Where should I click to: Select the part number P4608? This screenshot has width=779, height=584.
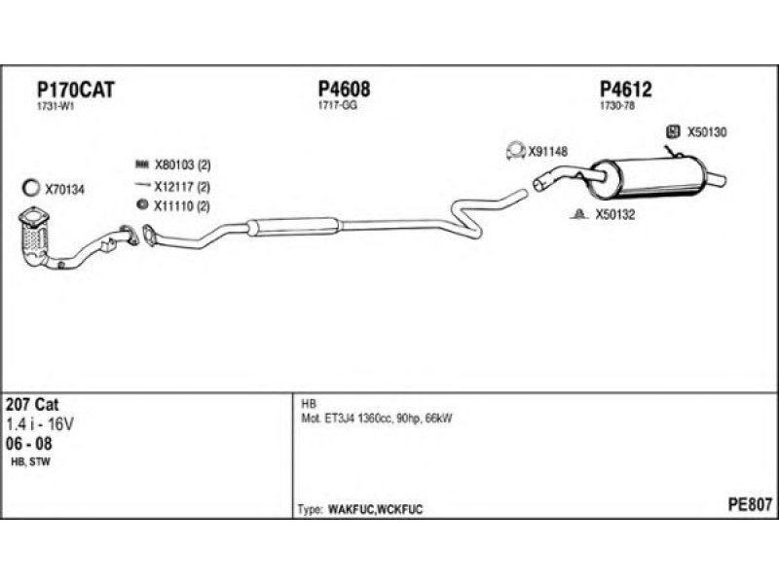(x=344, y=90)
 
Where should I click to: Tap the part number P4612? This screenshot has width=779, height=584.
(x=625, y=90)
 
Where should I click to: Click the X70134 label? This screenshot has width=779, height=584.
(x=65, y=189)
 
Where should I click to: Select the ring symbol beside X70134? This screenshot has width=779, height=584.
(x=31, y=188)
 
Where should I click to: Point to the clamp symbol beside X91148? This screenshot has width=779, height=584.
(x=514, y=151)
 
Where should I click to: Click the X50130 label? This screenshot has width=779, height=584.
(x=708, y=131)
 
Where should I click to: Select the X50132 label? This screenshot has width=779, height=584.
(x=614, y=215)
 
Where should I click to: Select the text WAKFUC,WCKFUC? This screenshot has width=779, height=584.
(x=375, y=510)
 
